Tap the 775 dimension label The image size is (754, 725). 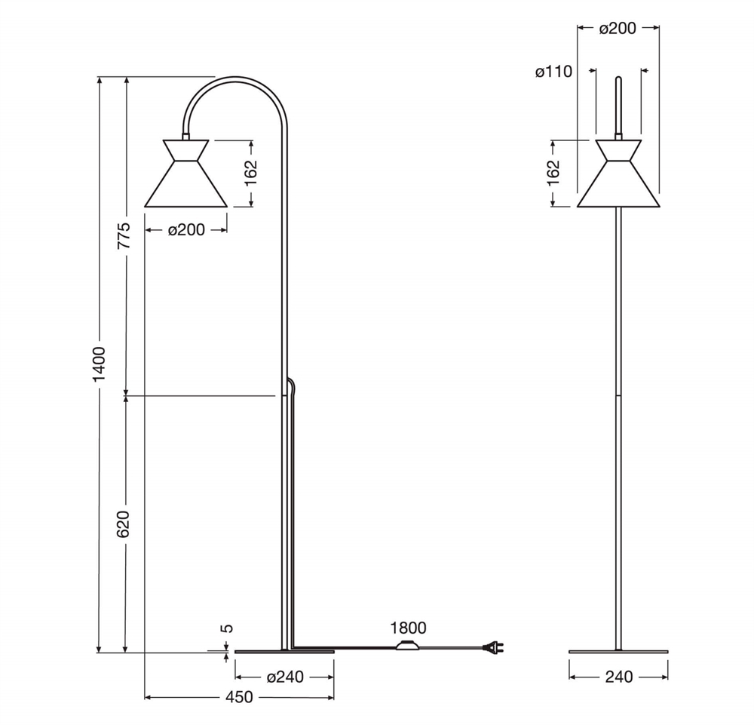[x=124, y=235]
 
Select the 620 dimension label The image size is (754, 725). [x=124, y=524]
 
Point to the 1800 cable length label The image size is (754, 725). [x=408, y=628]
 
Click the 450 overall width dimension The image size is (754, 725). [x=239, y=697]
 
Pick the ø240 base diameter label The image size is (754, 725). [x=285, y=677]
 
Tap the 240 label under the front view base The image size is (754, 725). [x=619, y=677]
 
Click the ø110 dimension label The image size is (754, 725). [x=553, y=72]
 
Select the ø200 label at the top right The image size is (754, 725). [x=618, y=29]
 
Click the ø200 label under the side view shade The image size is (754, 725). [x=186, y=230]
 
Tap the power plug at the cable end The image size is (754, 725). [x=493, y=648]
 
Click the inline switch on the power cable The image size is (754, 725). [x=407, y=646]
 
